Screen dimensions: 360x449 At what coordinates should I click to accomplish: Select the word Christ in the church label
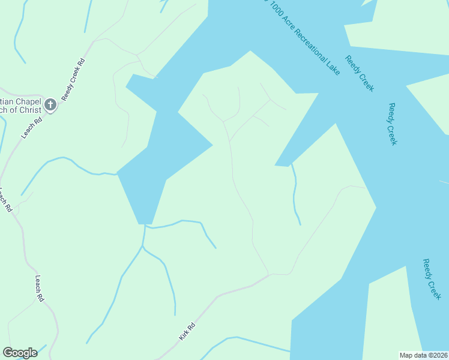click(x=31, y=110)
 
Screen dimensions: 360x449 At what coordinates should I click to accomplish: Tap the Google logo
click(x=20, y=353)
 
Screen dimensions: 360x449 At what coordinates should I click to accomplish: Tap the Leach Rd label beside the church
click(x=32, y=128)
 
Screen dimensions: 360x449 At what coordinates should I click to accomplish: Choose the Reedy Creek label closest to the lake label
click(x=360, y=73)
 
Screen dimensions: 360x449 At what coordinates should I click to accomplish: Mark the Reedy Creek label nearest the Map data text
click(x=432, y=279)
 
